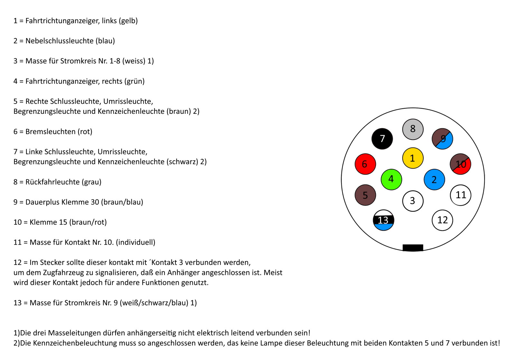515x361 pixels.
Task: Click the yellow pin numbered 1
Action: (413, 158)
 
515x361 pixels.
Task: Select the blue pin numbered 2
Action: (434, 180)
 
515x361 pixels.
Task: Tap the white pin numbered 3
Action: (413, 201)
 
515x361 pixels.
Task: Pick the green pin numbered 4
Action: (391, 179)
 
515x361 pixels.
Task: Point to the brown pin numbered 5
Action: (365, 195)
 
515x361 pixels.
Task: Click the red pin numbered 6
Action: (365, 164)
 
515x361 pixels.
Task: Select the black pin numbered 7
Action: (382, 139)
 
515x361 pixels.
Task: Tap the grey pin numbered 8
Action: (413, 129)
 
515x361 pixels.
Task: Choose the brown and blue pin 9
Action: (442, 139)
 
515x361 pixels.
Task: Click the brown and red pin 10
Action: (460, 164)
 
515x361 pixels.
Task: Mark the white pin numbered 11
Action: (460, 195)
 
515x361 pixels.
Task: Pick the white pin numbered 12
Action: (442, 220)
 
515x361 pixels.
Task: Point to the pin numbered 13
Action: (383, 220)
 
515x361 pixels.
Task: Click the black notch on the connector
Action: (413, 248)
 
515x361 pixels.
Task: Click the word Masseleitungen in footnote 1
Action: (75, 333)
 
